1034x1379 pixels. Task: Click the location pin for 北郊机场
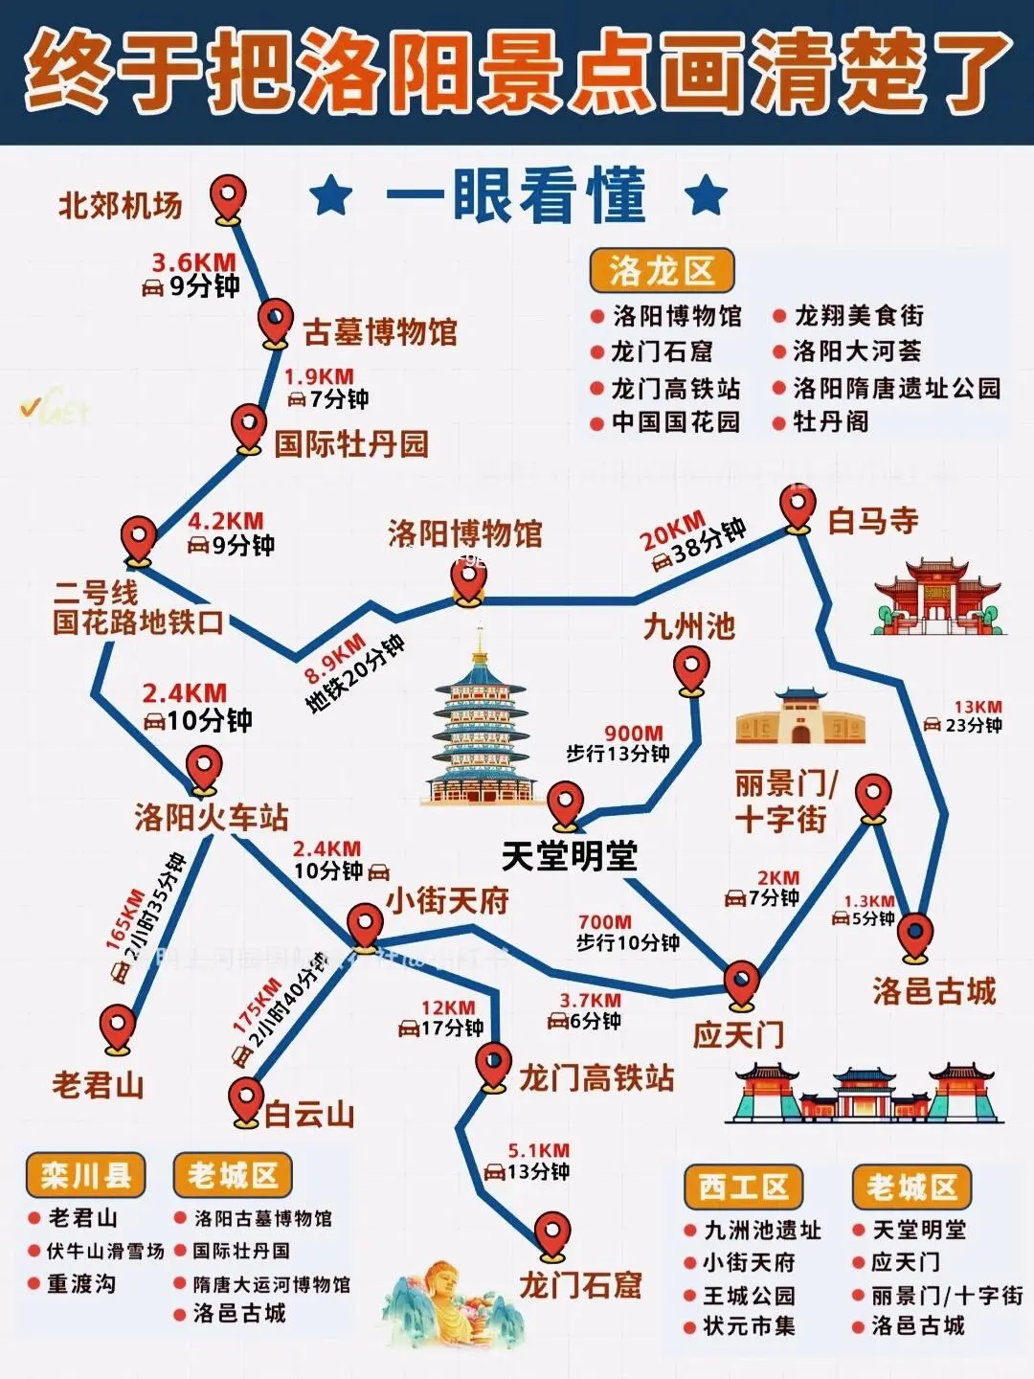pyautogui.click(x=227, y=198)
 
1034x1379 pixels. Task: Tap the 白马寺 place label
pyautogui.click(x=872, y=521)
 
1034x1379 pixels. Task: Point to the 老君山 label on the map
pyautogui.click(x=98, y=1085)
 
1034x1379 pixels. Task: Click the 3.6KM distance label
pyautogui.click(x=193, y=261)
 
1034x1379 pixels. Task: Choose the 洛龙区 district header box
pyautogui.click(x=661, y=271)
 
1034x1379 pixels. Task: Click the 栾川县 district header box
pyautogui.click(x=85, y=1175)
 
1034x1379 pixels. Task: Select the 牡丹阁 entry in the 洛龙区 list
pyautogui.click(x=830, y=421)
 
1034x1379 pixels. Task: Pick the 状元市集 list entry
pyautogui.click(x=749, y=1326)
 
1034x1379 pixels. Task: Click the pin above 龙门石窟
pyautogui.click(x=551, y=1234)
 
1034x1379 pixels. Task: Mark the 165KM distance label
pyautogui.click(x=124, y=919)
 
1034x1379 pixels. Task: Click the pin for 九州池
pyautogui.click(x=690, y=669)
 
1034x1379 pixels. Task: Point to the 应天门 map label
pyautogui.click(x=738, y=1035)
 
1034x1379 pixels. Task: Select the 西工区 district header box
pyautogui.click(x=743, y=1187)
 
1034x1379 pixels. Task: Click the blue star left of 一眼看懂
pyautogui.click(x=331, y=195)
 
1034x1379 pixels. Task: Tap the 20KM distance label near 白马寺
pyautogui.click(x=672, y=531)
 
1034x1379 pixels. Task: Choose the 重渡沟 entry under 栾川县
pyautogui.click(x=81, y=1283)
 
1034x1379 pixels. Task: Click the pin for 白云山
pyautogui.click(x=246, y=1100)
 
